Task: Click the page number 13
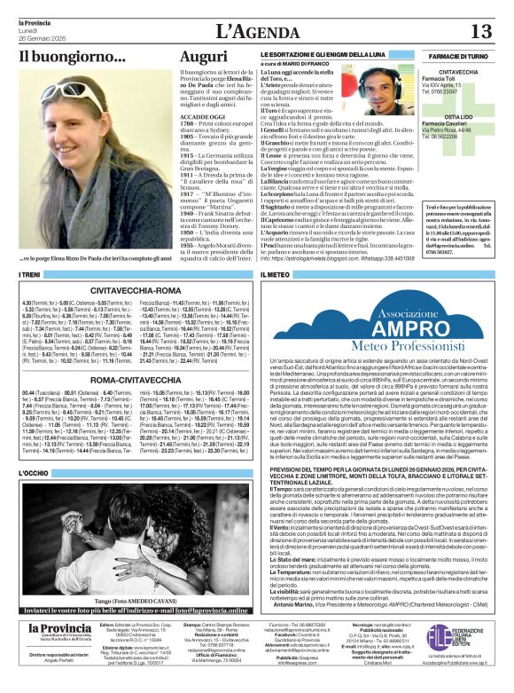480,31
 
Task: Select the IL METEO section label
275,276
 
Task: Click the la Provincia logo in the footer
48,629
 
